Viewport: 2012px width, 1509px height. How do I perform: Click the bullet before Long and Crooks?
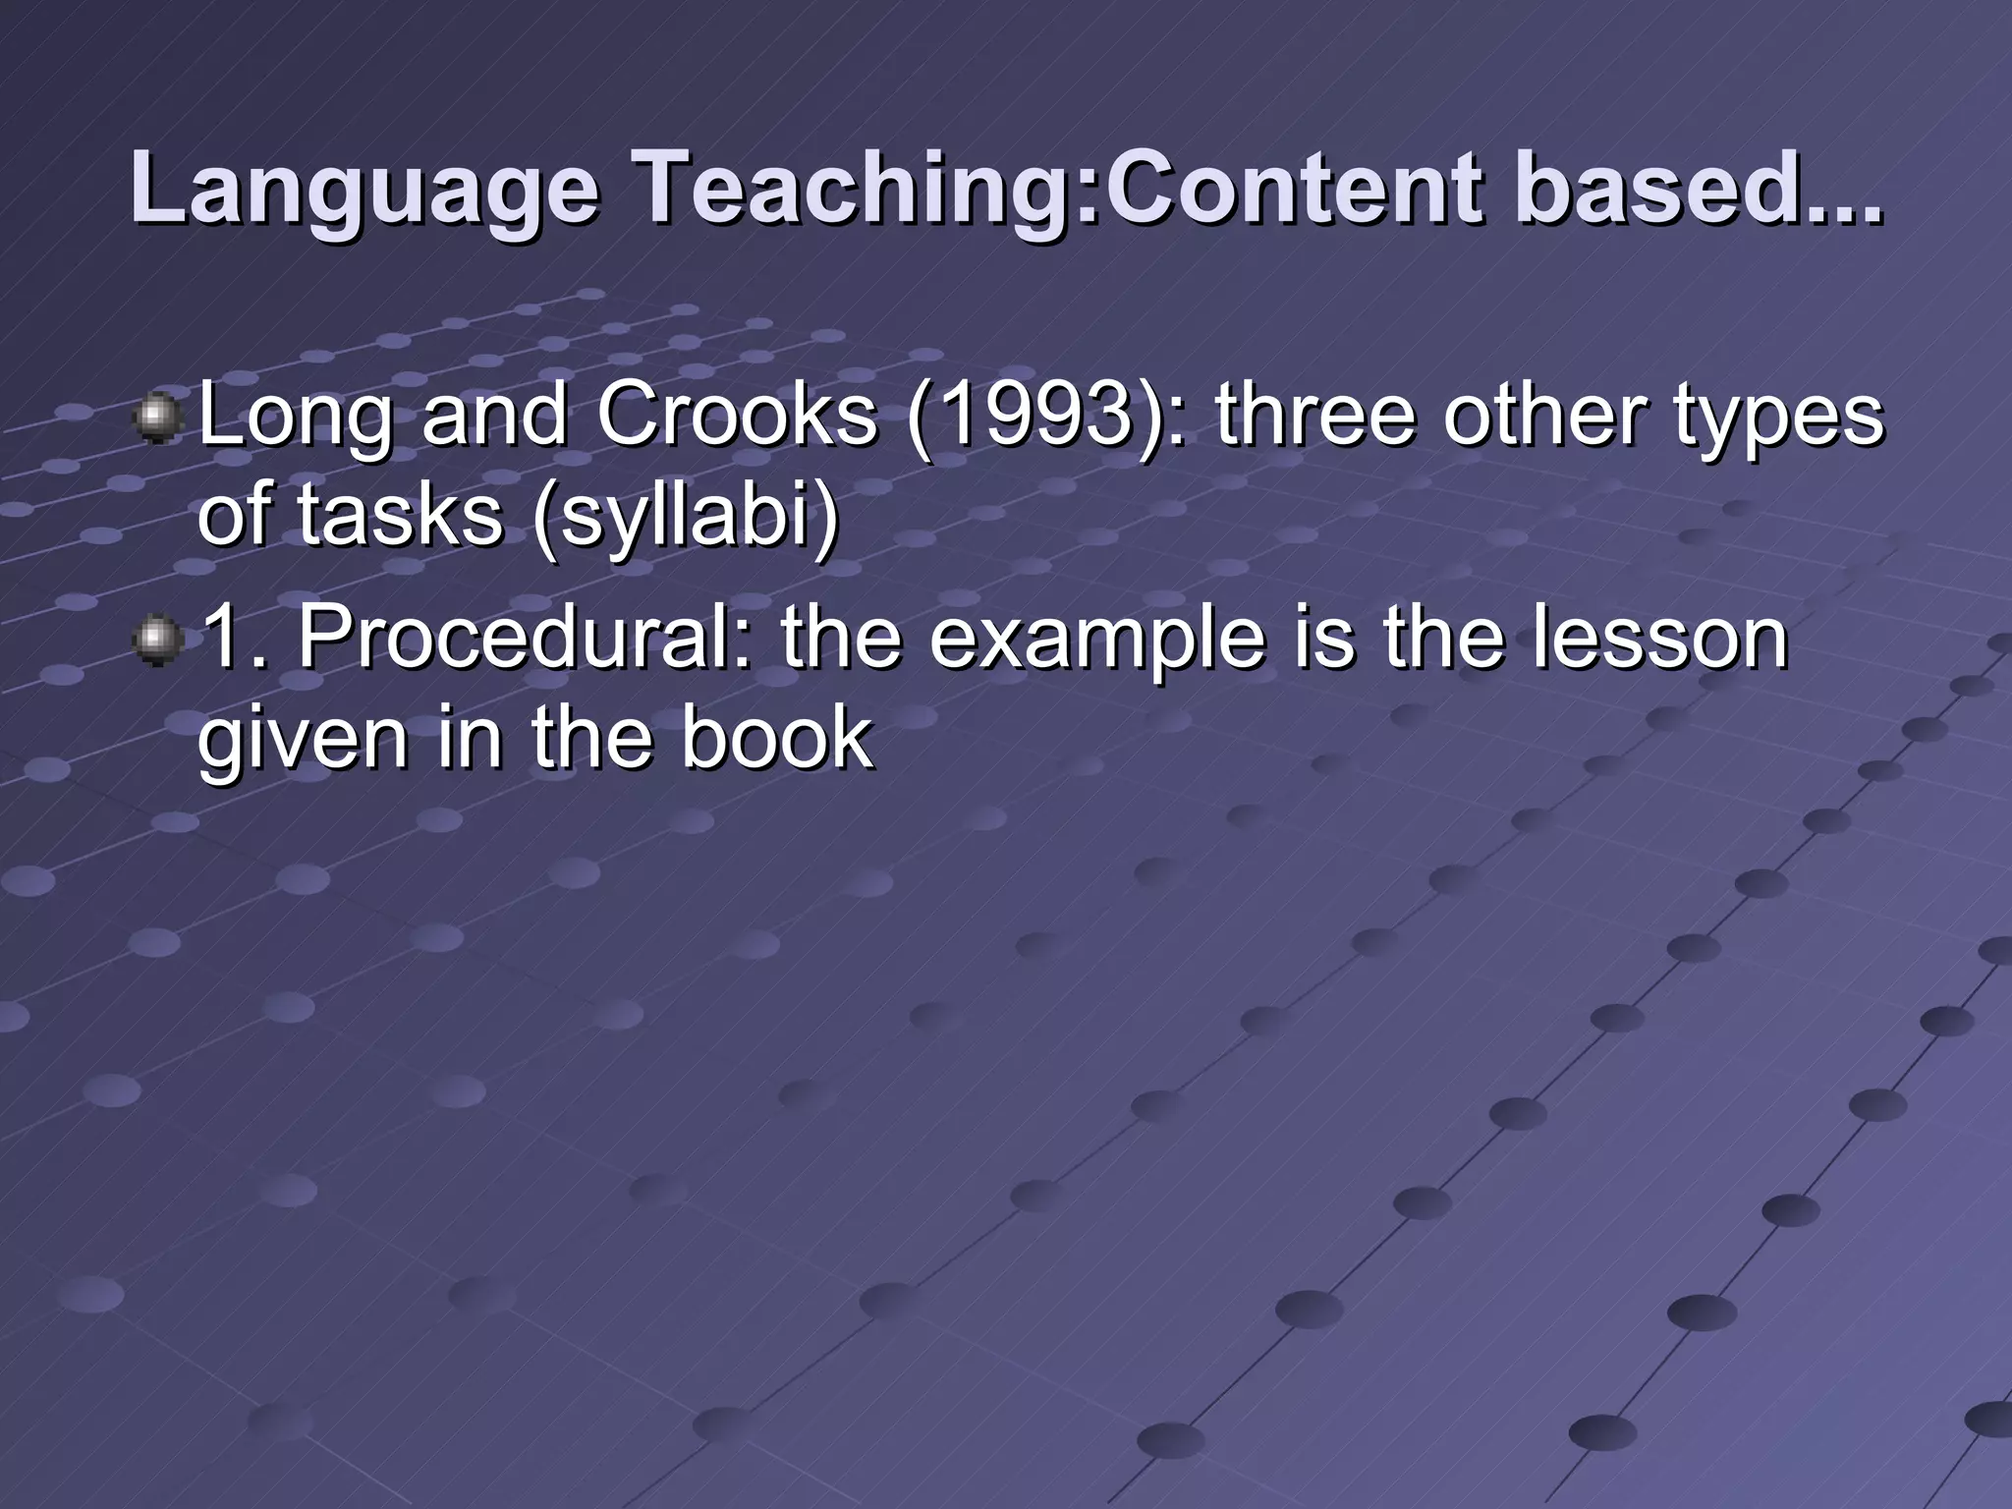point(157,419)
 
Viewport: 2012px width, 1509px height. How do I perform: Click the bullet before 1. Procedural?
point(157,642)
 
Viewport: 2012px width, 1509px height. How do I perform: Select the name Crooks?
point(736,415)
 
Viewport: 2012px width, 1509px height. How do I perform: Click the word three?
point(1317,415)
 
